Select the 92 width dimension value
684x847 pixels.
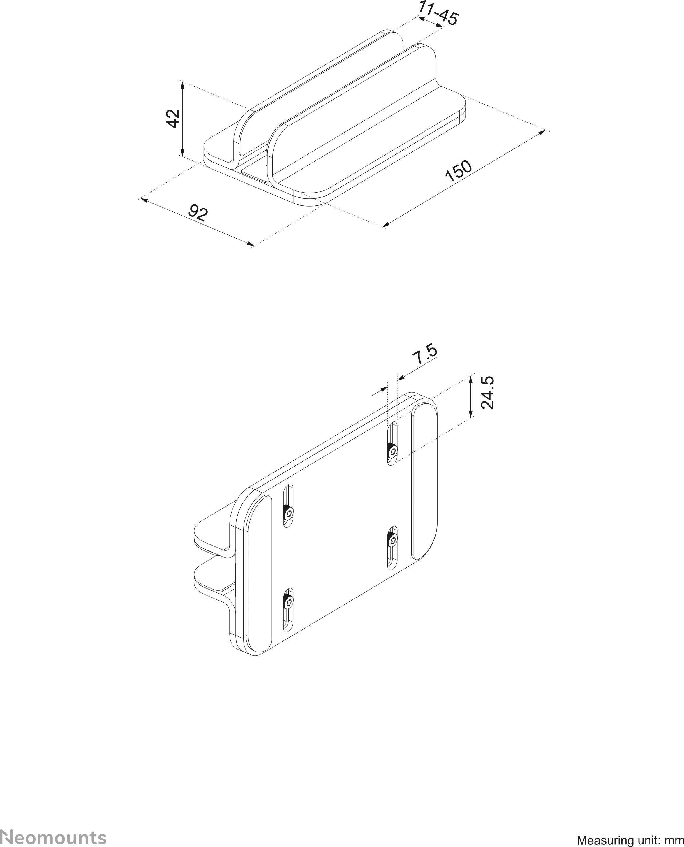198,213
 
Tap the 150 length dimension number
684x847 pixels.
458,171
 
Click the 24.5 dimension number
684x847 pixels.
487,393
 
